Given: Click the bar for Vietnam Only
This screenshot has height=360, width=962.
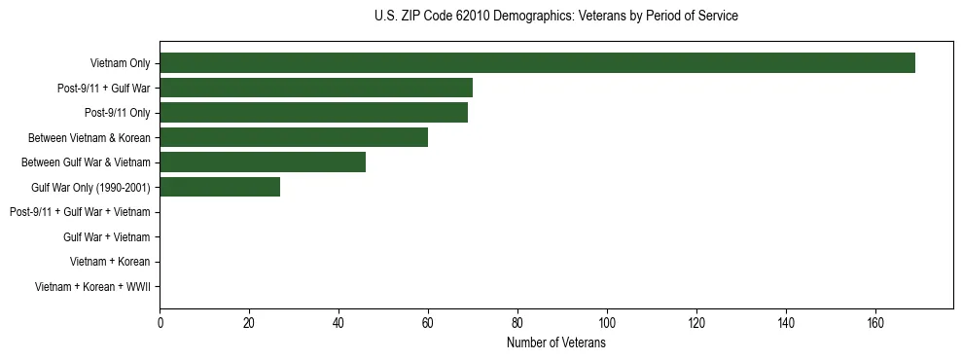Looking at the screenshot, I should coord(537,63).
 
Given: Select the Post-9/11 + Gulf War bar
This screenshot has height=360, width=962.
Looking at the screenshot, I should coord(316,89).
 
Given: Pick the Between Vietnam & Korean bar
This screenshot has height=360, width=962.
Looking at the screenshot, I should coord(294,137).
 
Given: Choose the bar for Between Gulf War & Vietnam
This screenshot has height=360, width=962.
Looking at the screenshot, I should coord(263,162).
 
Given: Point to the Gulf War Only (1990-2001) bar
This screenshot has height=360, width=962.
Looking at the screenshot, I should coord(220,187).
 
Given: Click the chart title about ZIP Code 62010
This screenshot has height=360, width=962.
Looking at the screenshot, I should coord(555,17).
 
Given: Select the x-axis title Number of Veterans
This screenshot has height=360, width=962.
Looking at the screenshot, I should coord(555,343).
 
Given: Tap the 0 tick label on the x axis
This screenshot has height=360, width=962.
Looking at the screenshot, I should coord(160,323).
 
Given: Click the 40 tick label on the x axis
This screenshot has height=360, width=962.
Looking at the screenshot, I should coord(338,323).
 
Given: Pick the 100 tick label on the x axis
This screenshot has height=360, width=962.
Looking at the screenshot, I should coord(607,323).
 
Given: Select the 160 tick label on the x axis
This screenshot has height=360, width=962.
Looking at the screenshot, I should coord(875,323).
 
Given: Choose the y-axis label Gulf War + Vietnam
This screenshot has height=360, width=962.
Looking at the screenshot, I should coord(106,236).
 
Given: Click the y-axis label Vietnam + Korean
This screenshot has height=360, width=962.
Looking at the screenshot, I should coord(110,262).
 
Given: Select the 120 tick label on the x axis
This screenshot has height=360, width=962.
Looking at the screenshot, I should coord(696,323).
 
